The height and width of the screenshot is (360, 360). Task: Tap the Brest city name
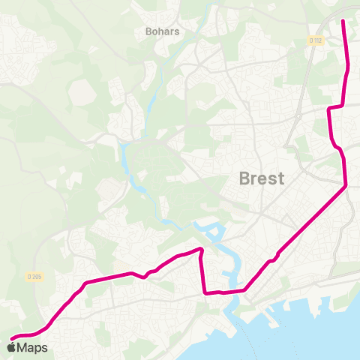pos(261,178)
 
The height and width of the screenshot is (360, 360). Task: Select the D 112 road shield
pos(315,40)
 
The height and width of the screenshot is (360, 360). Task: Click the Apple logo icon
pos(11,347)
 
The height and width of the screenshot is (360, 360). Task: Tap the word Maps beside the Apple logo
pos(32,347)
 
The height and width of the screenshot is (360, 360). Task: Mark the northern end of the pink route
pos(343,21)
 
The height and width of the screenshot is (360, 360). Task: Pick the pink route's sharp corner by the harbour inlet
pos(201,249)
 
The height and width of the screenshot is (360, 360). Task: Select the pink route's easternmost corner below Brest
pos(346,185)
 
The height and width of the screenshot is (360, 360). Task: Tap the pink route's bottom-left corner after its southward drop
pos(205,292)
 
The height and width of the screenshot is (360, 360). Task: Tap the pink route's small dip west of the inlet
pos(145,276)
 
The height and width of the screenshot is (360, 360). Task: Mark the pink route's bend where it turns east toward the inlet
pos(87,283)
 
